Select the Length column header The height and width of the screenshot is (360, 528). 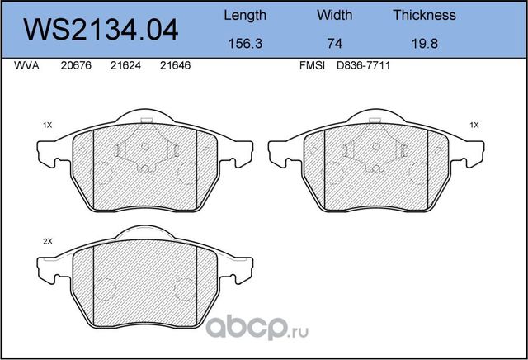point(245,15)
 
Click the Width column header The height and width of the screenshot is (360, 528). point(334,15)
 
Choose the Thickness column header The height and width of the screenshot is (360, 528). point(424,15)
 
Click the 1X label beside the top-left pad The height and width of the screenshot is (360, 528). point(47,125)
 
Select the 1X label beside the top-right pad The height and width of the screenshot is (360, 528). point(474,125)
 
